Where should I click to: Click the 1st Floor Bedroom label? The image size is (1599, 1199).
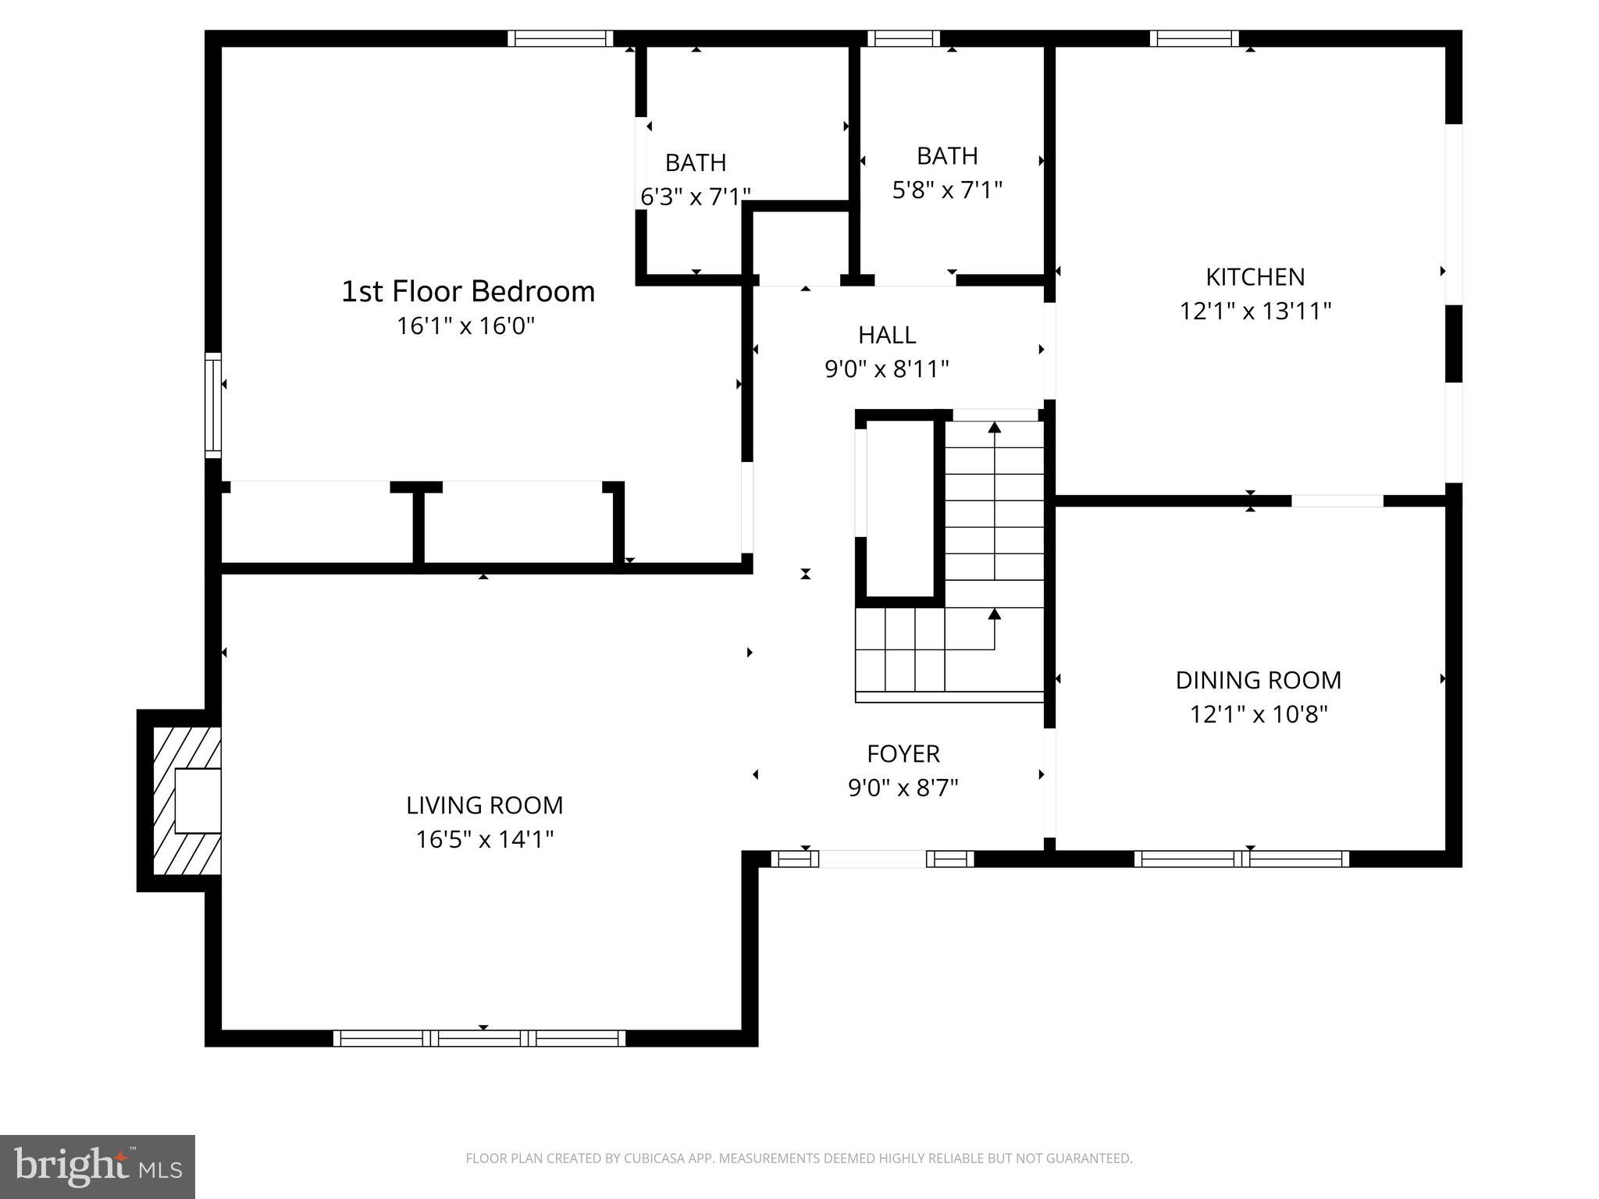(468, 291)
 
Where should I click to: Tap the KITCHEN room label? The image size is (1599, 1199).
(1255, 277)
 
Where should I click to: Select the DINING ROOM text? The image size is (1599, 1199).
(1258, 680)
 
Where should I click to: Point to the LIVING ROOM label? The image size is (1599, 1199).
(484, 805)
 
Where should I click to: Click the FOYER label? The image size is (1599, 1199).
(903, 753)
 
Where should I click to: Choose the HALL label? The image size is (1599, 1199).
(887, 335)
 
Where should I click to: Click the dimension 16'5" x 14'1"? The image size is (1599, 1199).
(484, 839)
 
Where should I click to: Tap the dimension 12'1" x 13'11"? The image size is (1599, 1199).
(1255, 311)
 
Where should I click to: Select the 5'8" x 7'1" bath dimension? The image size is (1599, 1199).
(947, 190)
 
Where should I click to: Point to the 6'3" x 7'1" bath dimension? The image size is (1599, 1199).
(695, 197)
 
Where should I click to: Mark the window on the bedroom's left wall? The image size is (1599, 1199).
(213, 404)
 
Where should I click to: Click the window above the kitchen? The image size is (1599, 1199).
(1194, 38)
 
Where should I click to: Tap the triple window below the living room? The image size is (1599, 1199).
(479, 1037)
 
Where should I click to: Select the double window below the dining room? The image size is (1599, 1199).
(1241, 859)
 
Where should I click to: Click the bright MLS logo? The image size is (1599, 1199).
(97, 1166)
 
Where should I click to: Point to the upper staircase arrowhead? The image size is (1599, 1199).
(994, 427)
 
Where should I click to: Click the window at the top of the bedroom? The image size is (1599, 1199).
(560, 38)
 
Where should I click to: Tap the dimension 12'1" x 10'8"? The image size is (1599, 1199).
(1258, 714)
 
